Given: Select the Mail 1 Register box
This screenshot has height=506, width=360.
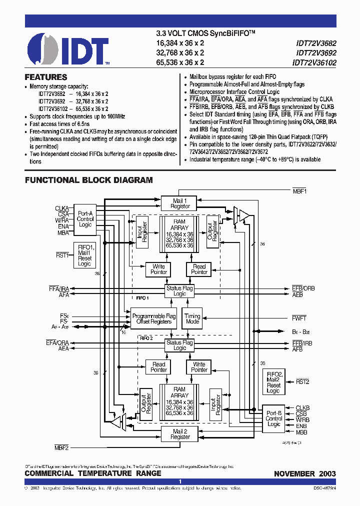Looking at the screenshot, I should (180, 203).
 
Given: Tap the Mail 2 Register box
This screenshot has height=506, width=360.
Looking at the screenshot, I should (180, 433).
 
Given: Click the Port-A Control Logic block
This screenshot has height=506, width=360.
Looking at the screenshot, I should (85, 219).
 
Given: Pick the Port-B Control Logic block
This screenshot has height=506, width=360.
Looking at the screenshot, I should (273, 418).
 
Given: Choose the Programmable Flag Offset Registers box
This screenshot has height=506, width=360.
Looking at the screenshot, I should (153, 318).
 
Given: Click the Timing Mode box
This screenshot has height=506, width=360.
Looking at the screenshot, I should (192, 318).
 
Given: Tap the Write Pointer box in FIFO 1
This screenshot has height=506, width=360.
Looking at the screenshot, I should (159, 269).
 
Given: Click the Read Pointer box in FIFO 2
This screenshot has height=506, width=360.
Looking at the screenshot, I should (159, 367).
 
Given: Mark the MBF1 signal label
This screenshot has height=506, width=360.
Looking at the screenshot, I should (299, 191).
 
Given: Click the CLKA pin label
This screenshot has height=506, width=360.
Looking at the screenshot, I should (62, 208).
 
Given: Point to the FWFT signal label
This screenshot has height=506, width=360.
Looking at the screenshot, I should (299, 318).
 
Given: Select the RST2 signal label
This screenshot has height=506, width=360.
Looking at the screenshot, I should (302, 381).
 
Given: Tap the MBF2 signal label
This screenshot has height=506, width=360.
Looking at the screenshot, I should (61, 446).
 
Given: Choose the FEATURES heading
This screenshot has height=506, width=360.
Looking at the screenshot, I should (46, 77).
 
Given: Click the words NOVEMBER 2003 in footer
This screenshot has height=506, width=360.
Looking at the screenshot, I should (304, 473).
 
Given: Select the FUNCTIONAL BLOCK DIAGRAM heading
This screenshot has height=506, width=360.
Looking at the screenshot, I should (88, 180).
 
